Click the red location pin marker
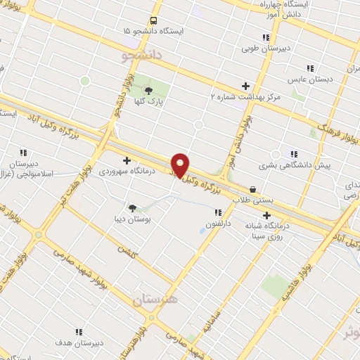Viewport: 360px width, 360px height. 181,165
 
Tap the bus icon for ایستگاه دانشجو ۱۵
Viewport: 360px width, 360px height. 153,20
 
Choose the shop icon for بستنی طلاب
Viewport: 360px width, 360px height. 252,188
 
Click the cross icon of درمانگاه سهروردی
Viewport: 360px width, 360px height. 127,160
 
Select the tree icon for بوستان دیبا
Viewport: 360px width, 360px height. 131,207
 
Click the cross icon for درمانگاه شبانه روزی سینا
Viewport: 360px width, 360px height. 266,214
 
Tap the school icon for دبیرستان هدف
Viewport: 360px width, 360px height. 78,331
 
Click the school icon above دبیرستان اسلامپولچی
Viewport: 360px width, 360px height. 23,152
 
